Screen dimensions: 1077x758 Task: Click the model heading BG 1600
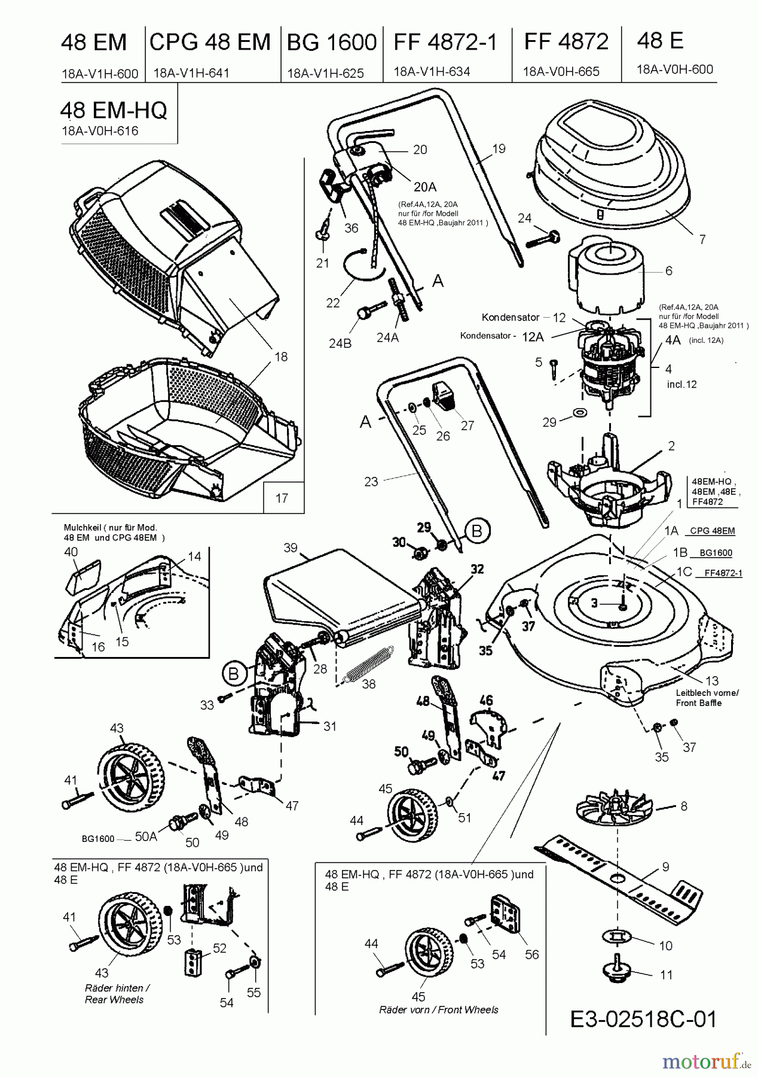pos(332,42)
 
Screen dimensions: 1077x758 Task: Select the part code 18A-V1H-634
pos(432,72)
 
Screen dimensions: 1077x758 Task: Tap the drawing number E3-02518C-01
pos(643,1018)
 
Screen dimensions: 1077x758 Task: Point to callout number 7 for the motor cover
pos(702,239)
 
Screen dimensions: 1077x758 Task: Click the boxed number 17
pos(282,497)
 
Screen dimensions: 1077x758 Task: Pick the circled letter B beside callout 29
pos(476,531)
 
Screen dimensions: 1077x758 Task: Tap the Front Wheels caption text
pos(438,1010)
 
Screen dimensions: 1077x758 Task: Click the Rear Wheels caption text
pos(114,1000)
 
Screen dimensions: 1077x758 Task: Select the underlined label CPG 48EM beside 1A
pos(712,531)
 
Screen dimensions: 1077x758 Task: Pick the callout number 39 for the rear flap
pos(291,548)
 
